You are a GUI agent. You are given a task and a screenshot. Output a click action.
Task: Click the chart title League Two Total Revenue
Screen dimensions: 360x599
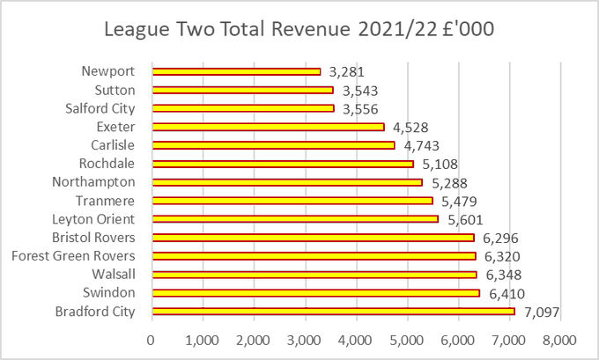(x=299, y=28)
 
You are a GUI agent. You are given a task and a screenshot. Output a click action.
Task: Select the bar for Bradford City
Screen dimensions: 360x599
(x=333, y=311)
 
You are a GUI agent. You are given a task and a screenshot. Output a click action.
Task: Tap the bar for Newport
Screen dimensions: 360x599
(x=236, y=71)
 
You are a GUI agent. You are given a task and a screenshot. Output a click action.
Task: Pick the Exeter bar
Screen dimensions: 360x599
(x=268, y=127)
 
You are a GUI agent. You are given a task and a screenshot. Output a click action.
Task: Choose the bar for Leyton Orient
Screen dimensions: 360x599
(x=295, y=218)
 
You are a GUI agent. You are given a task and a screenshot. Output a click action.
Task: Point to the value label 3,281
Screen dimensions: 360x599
(x=345, y=71)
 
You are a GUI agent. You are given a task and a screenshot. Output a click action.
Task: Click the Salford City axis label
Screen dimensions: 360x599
(x=100, y=108)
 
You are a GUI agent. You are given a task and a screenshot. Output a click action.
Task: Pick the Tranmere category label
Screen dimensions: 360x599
(x=107, y=201)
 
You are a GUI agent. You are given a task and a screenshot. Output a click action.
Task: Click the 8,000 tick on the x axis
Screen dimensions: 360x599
(x=559, y=339)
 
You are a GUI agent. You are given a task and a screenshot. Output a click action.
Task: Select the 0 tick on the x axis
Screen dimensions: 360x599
(x=152, y=339)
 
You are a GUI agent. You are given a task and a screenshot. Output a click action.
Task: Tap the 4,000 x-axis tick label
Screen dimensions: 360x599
(x=356, y=339)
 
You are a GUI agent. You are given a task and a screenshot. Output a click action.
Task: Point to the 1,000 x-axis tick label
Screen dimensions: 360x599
(x=203, y=339)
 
